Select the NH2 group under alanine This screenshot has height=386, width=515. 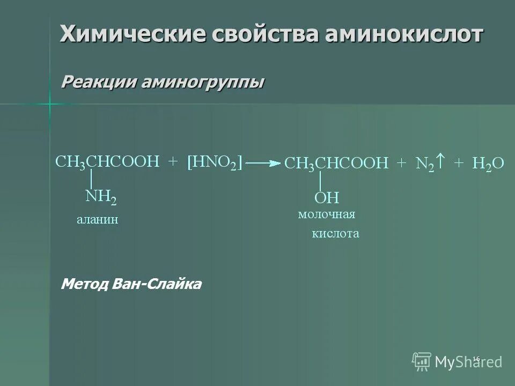(x=101, y=197)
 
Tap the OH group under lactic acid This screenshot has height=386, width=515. (x=327, y=198)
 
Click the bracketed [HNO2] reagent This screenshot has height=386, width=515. (x=215, y=162)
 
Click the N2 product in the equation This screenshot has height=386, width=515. (x=424, y=164)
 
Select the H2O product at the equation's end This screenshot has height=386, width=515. (x=488, y=164)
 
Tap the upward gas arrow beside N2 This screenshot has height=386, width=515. (x=440, y=160)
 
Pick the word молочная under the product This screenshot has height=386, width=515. (x=327, y=214)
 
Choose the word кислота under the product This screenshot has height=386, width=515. (x=335, y=234)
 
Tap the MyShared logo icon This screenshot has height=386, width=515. (x=422, y=361)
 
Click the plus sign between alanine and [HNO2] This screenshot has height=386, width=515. (x=173, y=162)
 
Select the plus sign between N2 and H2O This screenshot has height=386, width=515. (x=459, y=164)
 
